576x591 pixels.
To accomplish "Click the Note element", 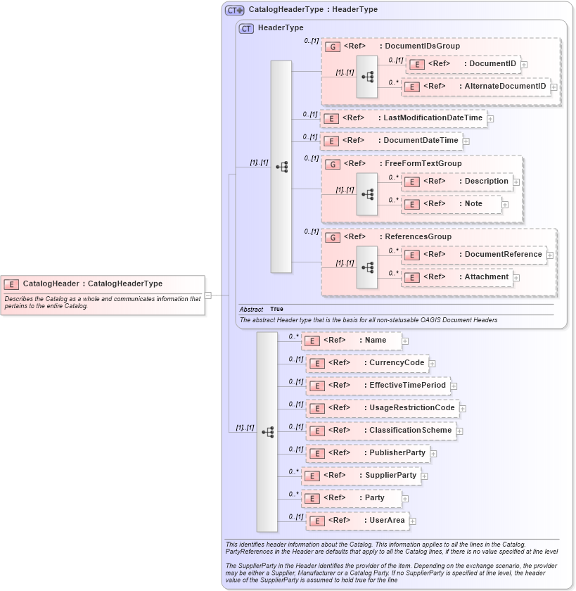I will coord(451,204).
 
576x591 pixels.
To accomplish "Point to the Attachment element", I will coord(456,277).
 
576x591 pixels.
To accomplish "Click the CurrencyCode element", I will coord(366,363).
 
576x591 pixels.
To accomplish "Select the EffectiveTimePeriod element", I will coord(378,386).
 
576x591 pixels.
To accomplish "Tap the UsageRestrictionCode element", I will coord(382,408).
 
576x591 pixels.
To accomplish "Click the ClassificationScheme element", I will coord(380,431).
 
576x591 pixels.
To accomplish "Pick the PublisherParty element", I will coord(368,453).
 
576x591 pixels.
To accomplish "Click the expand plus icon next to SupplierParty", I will coord(425,476).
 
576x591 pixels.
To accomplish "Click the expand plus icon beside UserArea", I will coord(413,521).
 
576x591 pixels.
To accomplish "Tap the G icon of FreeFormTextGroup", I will coord(332,164).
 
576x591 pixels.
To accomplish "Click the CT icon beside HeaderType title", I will coord(246,28).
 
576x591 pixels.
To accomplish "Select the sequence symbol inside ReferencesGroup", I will coord(367,267).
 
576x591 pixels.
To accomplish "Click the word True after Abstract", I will coord(276,309).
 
